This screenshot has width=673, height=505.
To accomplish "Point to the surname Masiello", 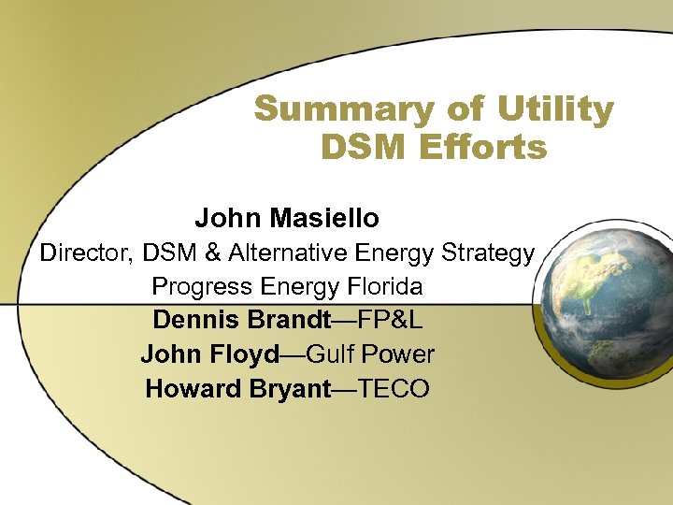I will tap(325, 219).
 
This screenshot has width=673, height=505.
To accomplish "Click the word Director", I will tap(83, 252).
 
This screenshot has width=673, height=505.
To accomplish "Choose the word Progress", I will tap(201, 286).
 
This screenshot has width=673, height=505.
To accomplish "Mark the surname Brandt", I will tap(287, 320).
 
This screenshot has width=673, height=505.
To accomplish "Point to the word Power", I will tap(400, 354).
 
